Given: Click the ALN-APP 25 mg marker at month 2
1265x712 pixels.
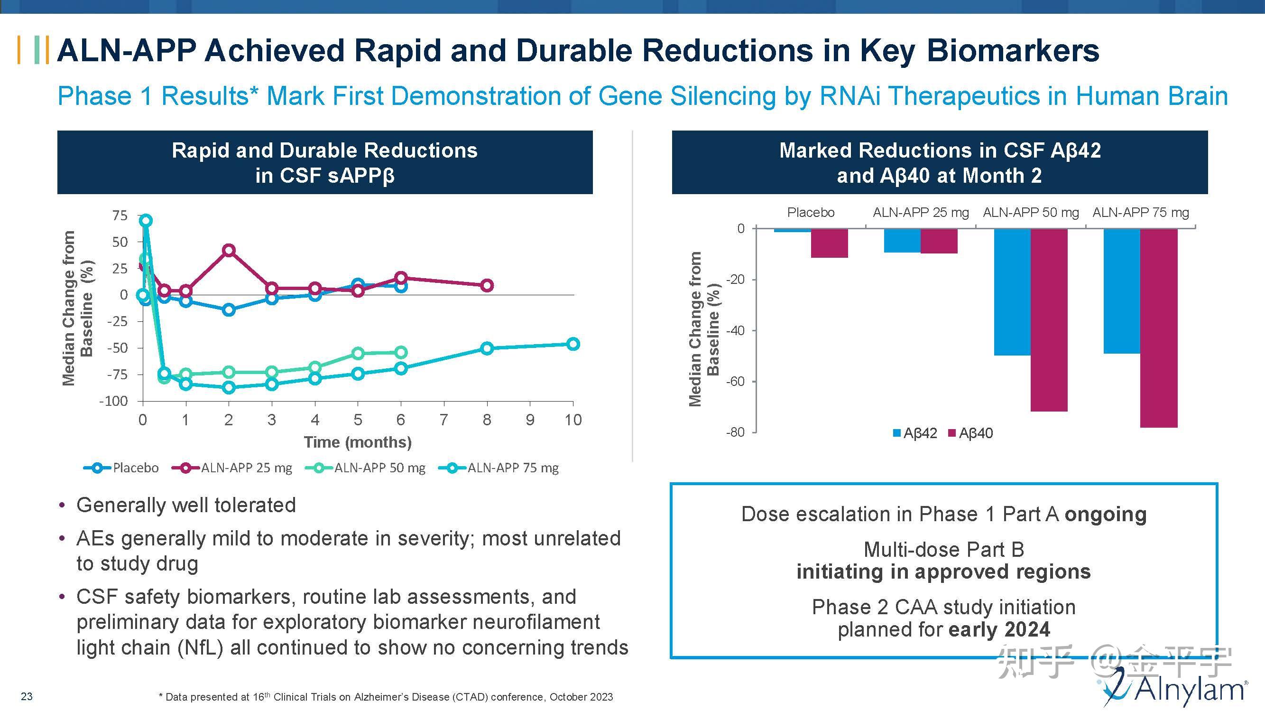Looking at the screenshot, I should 228,251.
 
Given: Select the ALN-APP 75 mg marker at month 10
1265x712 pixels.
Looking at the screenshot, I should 572,344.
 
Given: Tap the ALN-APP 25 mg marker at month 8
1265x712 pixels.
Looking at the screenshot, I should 487,285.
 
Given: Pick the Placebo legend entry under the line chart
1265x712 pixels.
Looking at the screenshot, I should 121,468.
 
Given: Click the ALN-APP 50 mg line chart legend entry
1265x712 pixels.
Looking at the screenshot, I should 365,468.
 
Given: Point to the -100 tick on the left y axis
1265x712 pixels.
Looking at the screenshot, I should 113,402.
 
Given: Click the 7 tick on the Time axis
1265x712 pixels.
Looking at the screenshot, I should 443,420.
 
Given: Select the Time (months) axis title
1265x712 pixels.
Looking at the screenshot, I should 358,442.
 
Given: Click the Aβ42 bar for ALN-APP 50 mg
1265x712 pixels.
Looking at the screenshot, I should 1012,292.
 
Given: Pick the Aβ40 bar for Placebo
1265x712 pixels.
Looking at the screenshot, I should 829,243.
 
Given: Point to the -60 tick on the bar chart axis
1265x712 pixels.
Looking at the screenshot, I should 735,382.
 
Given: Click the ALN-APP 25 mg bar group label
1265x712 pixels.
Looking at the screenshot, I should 920,213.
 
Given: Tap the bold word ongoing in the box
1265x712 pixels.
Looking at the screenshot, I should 1105,515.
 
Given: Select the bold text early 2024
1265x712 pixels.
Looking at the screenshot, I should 999,629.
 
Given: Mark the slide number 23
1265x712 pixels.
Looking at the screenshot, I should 27,696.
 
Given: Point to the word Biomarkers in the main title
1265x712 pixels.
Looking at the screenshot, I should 1013,51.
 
